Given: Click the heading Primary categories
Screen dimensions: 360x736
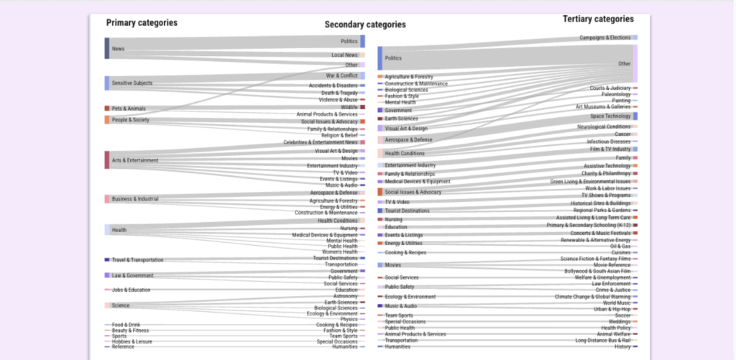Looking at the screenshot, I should [142, 23].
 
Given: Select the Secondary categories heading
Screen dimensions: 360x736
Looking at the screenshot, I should [365, 24].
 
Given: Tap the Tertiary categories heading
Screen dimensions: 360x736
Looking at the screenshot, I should [598, 19].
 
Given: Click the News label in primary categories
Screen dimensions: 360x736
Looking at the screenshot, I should [118, 49].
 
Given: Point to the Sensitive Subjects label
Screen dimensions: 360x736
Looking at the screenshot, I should [132, 83].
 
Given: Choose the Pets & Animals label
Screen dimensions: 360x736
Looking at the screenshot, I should [129, 109].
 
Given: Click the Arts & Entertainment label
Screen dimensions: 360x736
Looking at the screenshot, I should [135, 160].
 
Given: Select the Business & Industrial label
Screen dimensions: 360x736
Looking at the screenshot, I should [135, 199].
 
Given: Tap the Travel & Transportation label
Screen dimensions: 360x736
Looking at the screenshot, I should [137, 260].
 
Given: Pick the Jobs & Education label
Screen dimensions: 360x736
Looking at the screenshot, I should [131, 290].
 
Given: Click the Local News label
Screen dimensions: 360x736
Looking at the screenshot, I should [344, 55].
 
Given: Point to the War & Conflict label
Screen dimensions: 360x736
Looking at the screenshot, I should [341, 75].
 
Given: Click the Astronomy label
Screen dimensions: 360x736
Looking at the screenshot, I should [345, 296].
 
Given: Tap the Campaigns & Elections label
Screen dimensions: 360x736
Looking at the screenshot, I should [605, 37].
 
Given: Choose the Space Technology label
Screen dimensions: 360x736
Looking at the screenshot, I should [610, 116].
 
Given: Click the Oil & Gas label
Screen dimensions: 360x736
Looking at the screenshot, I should [620, 246].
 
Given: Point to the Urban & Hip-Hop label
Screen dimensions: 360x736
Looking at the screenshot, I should [612, 309].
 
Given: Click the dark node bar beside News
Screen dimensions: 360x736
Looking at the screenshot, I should [107, 48].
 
